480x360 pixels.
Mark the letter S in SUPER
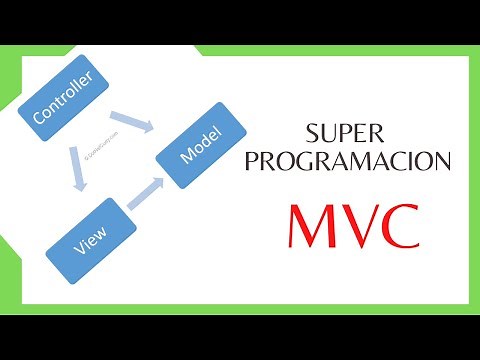click(x=315, y=133)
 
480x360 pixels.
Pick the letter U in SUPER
click(x=332, y=133)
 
